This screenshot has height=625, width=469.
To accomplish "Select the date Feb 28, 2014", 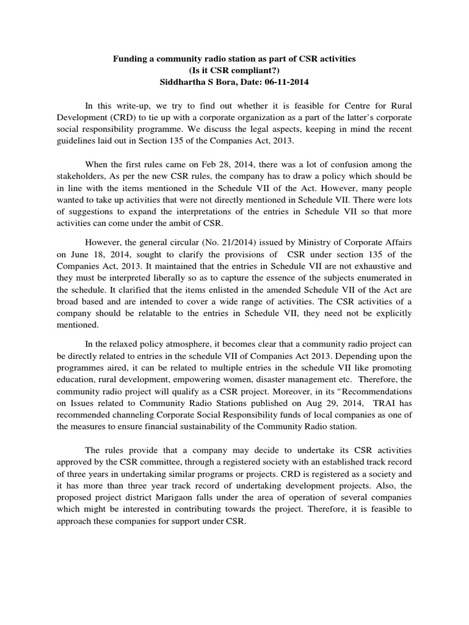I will coord(224,164).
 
